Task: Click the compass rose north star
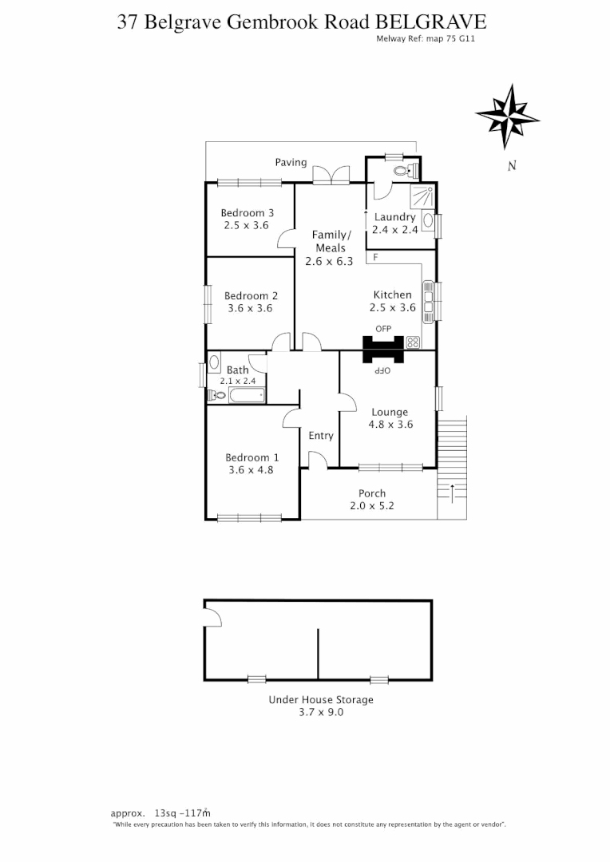[507, 116]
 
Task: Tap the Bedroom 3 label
[248, 213]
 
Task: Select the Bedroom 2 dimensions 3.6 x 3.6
[250, 308]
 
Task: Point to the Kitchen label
[392, 295]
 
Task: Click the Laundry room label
[394, 217]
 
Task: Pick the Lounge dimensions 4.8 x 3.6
[390, 425]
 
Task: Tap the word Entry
[321, 436]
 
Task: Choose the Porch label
[372, 493]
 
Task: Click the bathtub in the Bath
[245, 394]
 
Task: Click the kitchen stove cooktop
[414, 342]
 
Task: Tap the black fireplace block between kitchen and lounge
[384, 350]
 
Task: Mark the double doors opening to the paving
[330, 176]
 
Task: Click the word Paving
[291, 162]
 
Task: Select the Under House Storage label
[320, 700]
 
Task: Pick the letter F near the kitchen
[375, 257]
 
